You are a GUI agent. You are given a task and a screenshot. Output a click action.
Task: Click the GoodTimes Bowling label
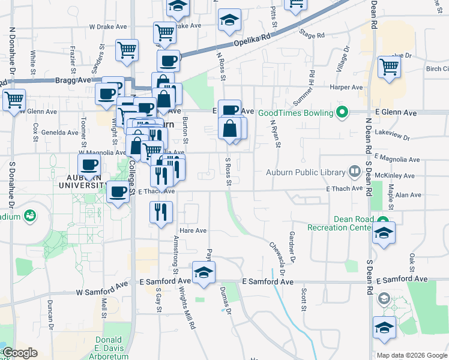(x=296, y=113)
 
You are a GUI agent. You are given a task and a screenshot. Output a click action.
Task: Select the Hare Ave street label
(x=193, y=230)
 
